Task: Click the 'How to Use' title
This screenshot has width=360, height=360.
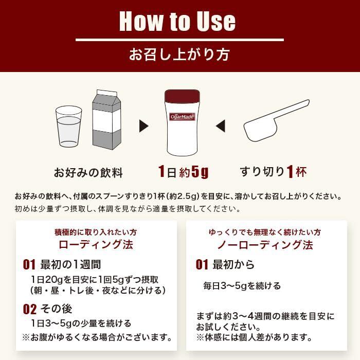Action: click(x=177, y=21)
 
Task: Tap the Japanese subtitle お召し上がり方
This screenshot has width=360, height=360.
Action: click(x=179, y=55)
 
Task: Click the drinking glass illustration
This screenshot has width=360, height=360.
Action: click(x=68, y=127)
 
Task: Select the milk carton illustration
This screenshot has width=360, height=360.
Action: click(x=106, y=120)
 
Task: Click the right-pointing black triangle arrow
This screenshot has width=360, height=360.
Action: click(x=143, y=126)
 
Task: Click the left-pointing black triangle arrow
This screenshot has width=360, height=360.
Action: click(x=221, y=126)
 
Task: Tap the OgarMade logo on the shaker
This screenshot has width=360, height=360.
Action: click(x=182, y=117)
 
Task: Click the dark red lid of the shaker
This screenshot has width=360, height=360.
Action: click(x=182, y=96)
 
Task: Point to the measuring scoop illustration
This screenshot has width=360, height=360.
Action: click(x=276, y=120)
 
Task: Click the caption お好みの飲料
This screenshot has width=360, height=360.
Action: click(x=88, y=173)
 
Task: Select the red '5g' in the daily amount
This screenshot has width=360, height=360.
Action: click(x=200, y=172)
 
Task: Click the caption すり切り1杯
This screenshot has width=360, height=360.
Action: click(x=273, y=172)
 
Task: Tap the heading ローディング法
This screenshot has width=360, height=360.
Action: click(x=96, y=244)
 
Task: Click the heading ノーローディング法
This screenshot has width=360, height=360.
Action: click(x=265, y=245)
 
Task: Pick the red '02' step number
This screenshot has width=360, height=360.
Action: click(x=30, y=309)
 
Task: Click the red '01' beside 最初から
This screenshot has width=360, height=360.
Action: click(x=202, y=264)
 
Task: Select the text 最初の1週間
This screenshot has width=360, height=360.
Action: click(x=71, y=264)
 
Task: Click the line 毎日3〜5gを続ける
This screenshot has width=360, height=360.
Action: click(x=242, y=286)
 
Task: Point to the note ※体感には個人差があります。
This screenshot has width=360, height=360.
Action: click(x=254, y=337)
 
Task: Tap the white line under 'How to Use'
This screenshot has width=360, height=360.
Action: click(x=180, y=40)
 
